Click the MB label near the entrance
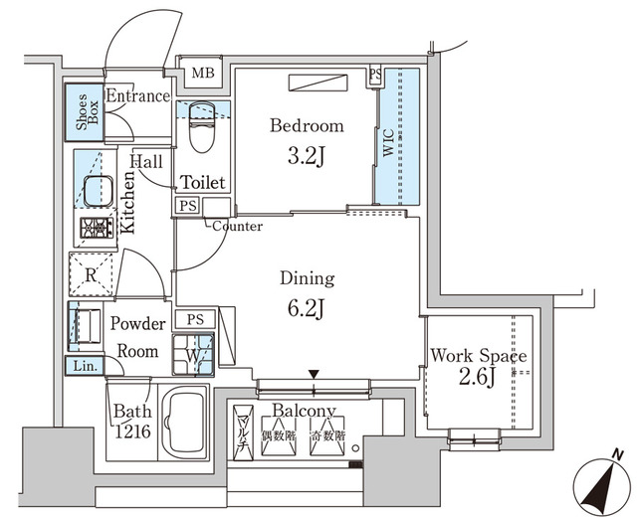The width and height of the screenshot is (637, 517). (203, 73)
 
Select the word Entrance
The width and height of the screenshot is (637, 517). (137, 96)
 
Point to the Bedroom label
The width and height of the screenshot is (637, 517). (308, 126)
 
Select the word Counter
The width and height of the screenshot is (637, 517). (237, 227)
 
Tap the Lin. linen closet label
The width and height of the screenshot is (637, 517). (87, 366)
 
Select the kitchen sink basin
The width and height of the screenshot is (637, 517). (97, 192)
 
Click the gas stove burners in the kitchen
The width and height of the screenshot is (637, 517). (97, 229)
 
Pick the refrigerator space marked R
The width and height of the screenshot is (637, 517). (90, 275)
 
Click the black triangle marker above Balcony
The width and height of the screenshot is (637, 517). (315, 374)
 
